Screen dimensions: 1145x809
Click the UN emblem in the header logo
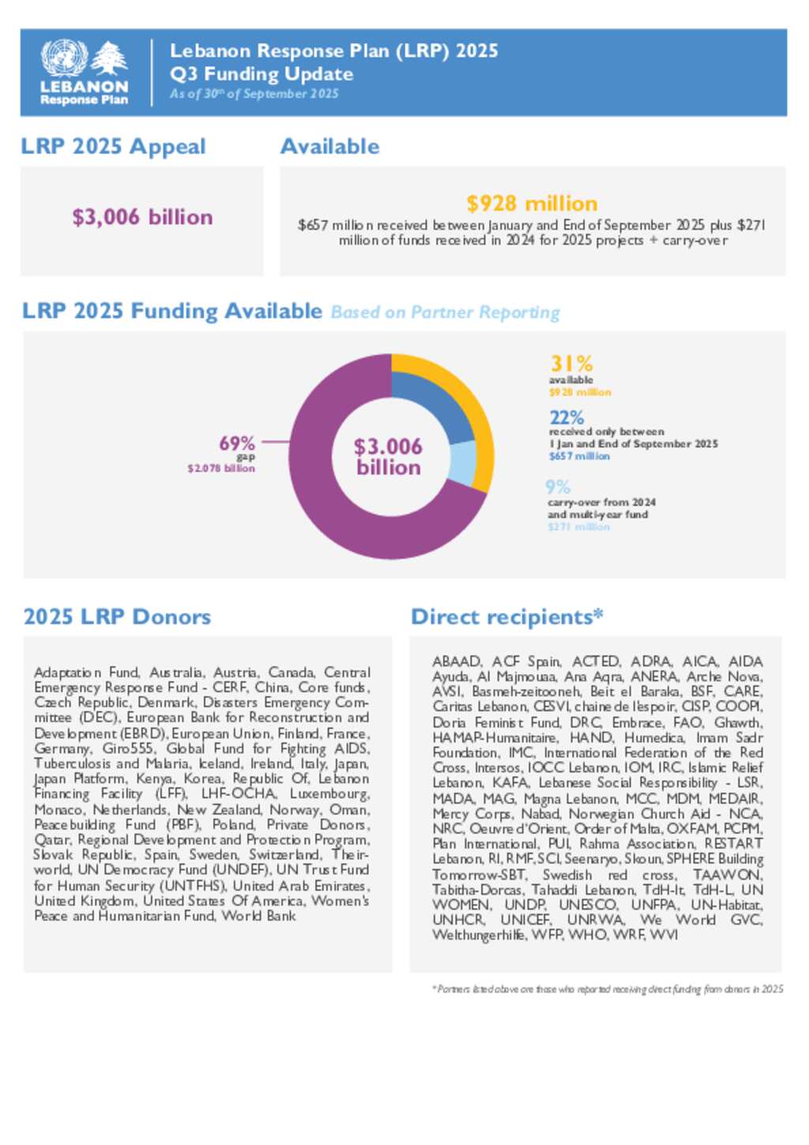[x=64, y=58]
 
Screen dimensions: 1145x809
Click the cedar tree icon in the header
[x=109, y=59]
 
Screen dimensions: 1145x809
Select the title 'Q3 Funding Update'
[x=262, y=74]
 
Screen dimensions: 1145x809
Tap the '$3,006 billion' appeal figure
[x=142, y=217]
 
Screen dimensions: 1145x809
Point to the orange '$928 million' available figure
[x=532, y=203]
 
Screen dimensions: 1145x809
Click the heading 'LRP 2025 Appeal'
[x=113, y=147]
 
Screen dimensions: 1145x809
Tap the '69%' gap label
[x=237, y=443]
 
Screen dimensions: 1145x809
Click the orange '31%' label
[x=571, y=363]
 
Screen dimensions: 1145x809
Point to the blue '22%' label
[x=566, y=417]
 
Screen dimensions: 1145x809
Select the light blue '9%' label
[x=558, y=487]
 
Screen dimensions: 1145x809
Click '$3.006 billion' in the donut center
[x=388, y=457]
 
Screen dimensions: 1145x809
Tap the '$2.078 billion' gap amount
[x=221, y=469]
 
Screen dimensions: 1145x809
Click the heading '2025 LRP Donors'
[x=117, y=617]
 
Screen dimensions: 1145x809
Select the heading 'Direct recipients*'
[x=506, y=617]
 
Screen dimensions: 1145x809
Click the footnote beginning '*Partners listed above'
[x=608, y=989]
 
